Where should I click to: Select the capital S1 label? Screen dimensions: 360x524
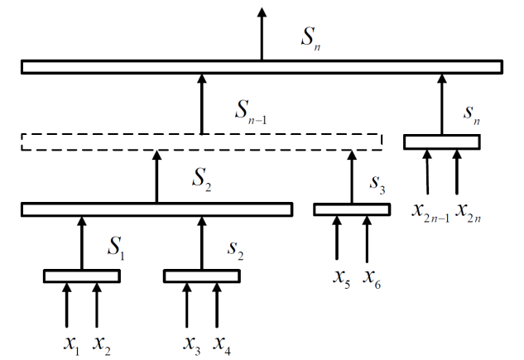114,245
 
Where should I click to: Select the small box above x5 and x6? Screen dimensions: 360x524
351,209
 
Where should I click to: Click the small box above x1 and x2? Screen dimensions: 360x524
81,276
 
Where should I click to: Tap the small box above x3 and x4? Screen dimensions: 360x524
201,276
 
